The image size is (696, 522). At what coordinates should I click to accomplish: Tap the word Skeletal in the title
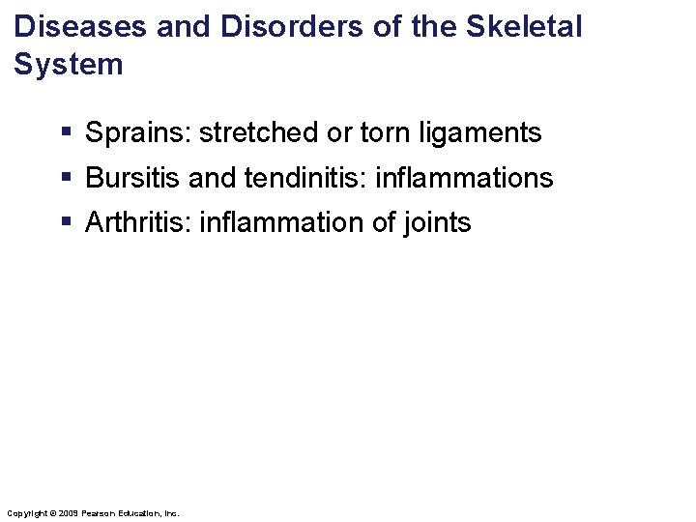click(x=526, y=26)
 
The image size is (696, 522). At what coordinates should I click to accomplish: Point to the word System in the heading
click(x=70, y=65)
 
